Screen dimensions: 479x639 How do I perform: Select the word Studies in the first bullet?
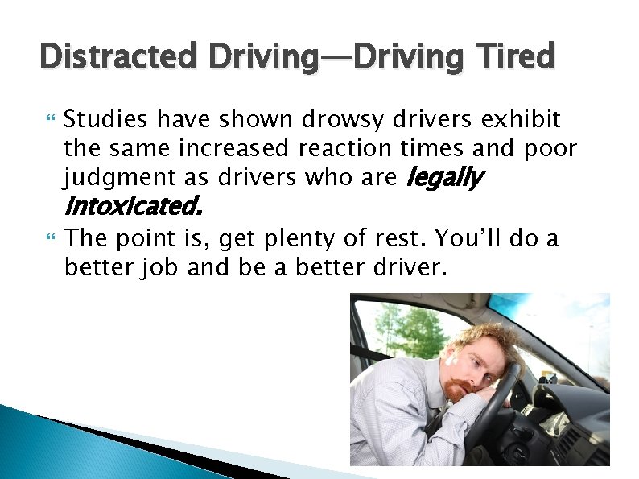(105, 121)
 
